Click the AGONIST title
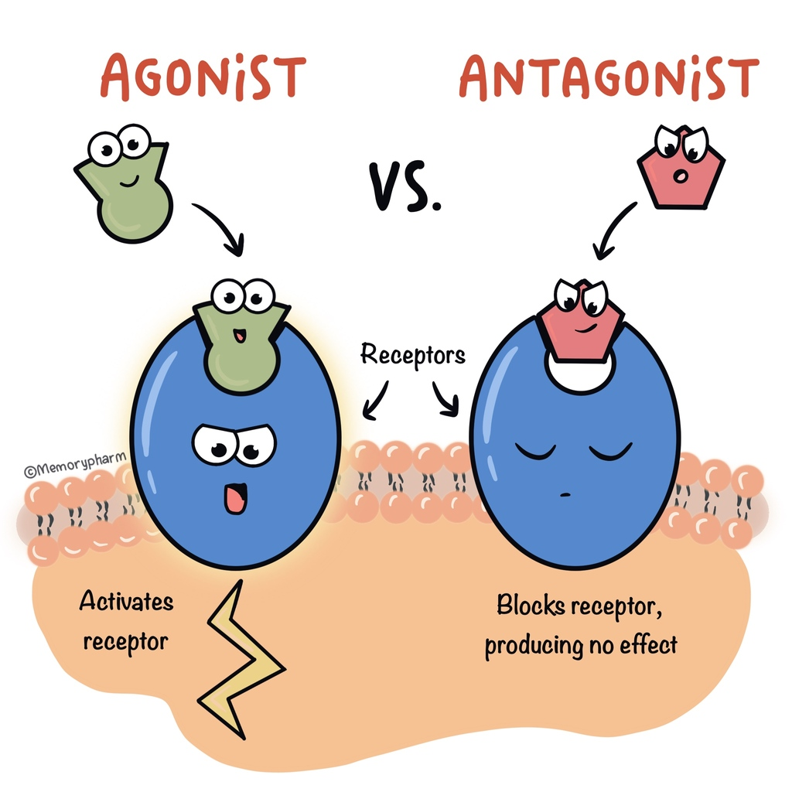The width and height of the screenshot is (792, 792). pos(203,77)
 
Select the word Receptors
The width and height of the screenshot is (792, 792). pos(413,355)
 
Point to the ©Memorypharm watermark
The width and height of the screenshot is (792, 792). pos(75,464)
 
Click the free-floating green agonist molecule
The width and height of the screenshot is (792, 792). pos(123,183)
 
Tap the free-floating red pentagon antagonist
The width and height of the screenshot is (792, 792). pos(681,167)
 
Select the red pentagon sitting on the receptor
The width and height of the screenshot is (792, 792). pos(581,320)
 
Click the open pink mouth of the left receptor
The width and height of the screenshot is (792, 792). pos(235,498)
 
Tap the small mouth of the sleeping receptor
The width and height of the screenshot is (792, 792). pos(565,494)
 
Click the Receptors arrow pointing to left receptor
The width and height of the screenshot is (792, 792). pos(377,401)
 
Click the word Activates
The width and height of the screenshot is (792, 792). pos(126,601)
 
